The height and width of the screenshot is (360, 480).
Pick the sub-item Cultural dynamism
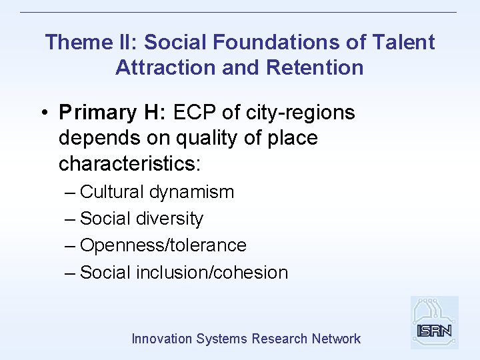[x=157, y=192]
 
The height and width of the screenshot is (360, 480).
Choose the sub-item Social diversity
[x=141, y=219]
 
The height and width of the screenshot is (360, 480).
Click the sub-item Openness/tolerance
[x=163, y=245]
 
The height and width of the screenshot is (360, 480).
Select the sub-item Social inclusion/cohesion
[x=183, y=272]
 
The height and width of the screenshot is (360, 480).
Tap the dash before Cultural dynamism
[x=71, y=193]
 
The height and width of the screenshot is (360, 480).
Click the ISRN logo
[x=434, y=323]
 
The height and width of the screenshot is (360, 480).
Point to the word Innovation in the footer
[x=162, y=339]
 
